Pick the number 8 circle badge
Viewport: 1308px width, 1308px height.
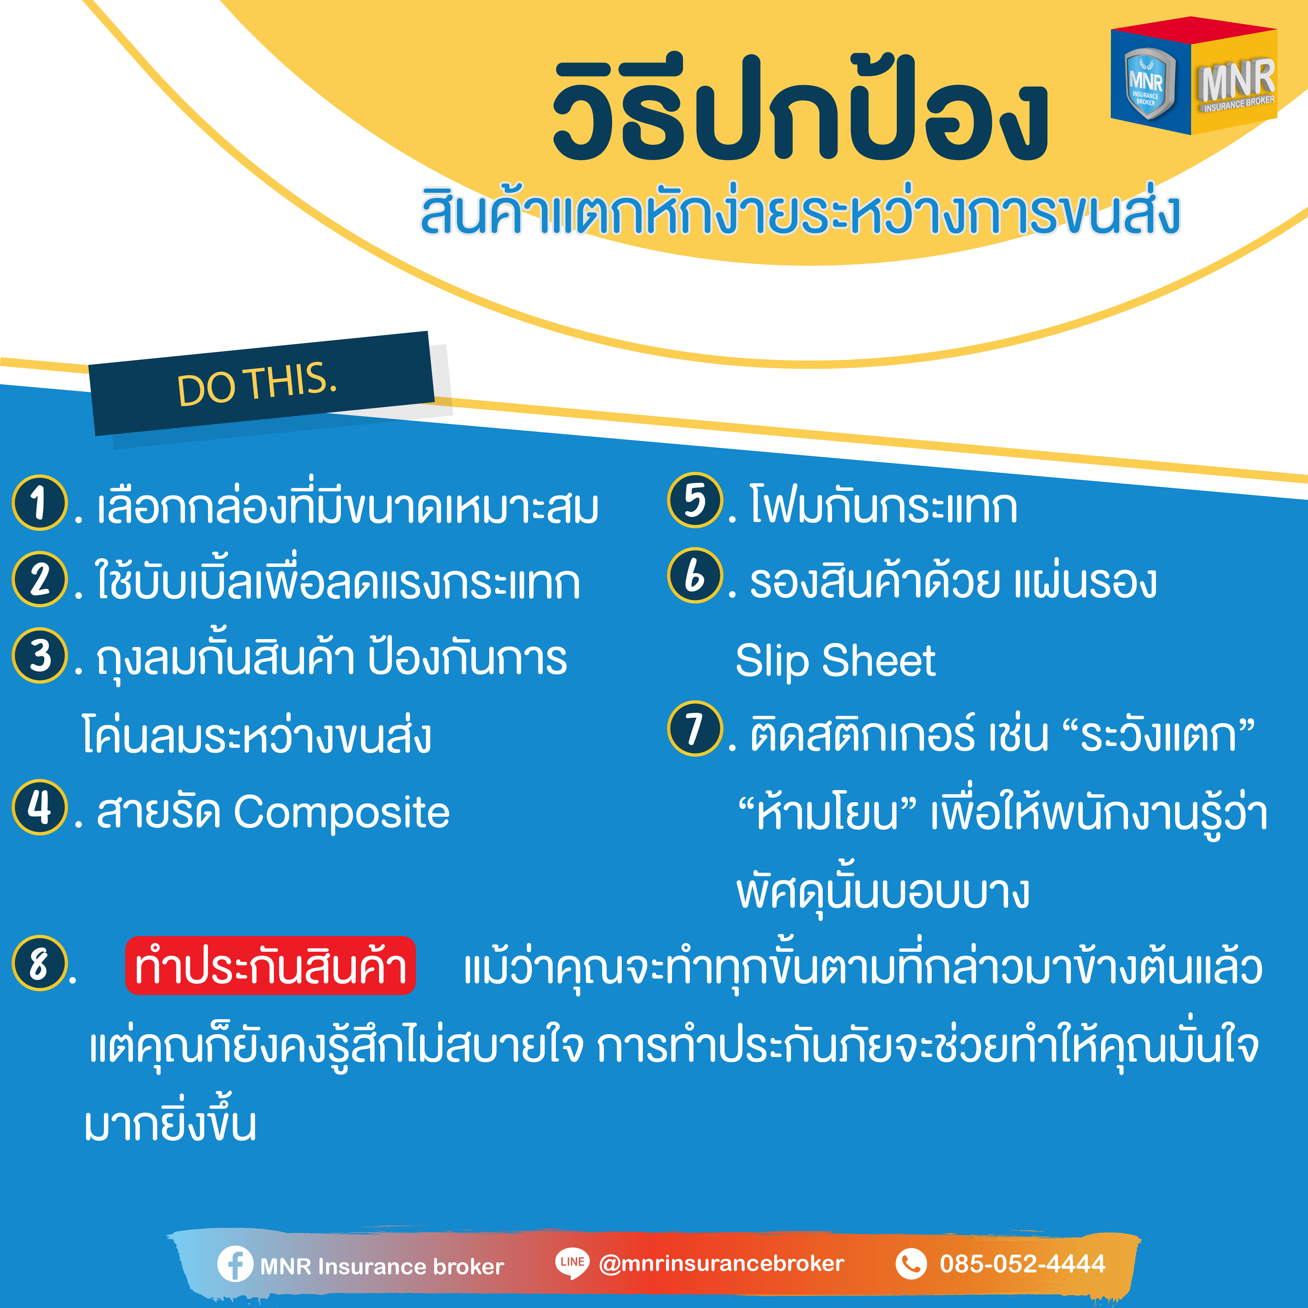[40, 963]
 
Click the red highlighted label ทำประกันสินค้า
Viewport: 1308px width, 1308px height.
[270, 965]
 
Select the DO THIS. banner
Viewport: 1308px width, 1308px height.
[261, 383]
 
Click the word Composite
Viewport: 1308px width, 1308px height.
[341, 813]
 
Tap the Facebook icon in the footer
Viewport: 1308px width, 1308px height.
[235, 1263]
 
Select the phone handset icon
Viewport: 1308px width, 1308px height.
[911, 1263]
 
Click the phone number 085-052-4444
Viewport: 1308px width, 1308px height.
[1022, 1263]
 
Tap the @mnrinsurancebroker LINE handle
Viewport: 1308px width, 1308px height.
[722, 1263]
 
